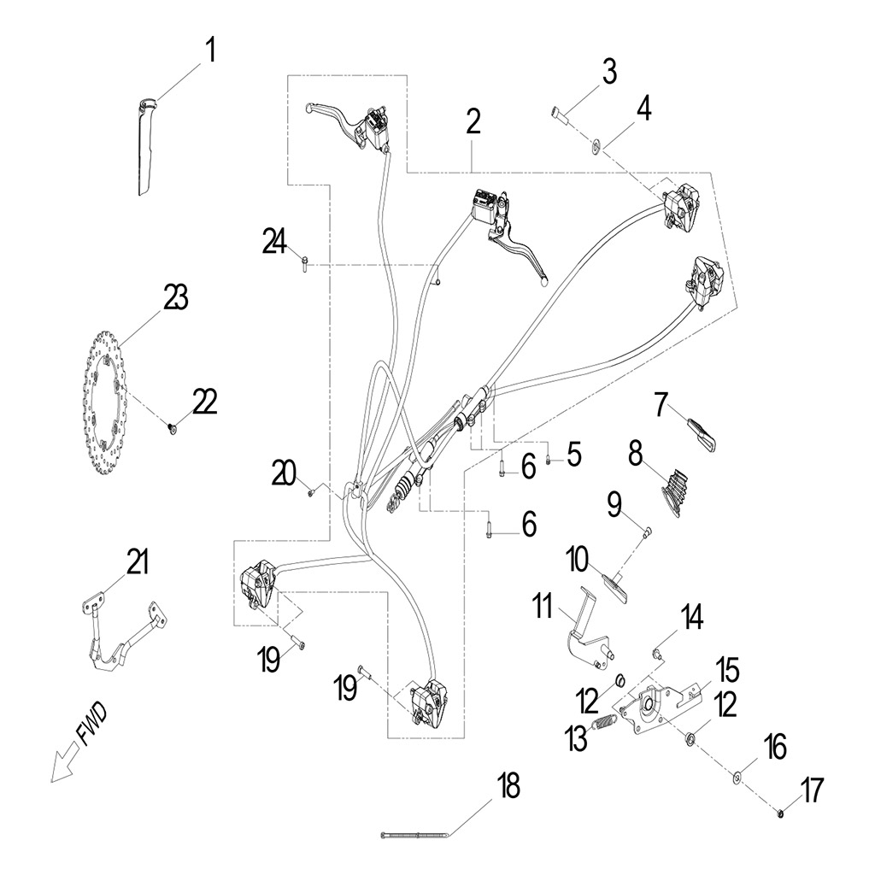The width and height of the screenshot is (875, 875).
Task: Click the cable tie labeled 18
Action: [x=414, y=835]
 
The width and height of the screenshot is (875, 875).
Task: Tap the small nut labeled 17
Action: [x=782, y=813]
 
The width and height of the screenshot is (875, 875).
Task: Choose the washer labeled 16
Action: [x=736, y=777]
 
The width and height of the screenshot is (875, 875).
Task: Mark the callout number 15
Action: [x=727, y=671]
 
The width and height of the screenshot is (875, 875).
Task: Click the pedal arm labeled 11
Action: [x=588, y=631]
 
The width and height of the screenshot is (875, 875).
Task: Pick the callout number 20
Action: [x=284, y=471]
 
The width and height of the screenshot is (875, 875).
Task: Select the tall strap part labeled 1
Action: [x=144, y=145]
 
